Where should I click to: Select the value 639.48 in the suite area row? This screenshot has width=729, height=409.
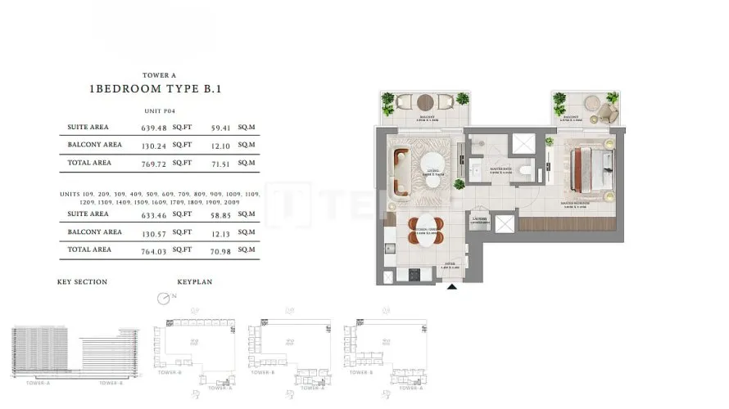click(154, 128)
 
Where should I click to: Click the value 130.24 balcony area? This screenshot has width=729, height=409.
click(154, 146)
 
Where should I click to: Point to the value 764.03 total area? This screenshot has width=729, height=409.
click(154, 249)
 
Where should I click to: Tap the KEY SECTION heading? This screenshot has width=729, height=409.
click(82, 282)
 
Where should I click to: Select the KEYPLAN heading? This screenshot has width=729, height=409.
click(195, 282)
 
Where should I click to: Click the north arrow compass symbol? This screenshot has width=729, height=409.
click(162, 298)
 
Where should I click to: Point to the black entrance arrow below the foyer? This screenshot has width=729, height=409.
click(451, 286)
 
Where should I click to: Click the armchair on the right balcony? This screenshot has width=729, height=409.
click(608, 110)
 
